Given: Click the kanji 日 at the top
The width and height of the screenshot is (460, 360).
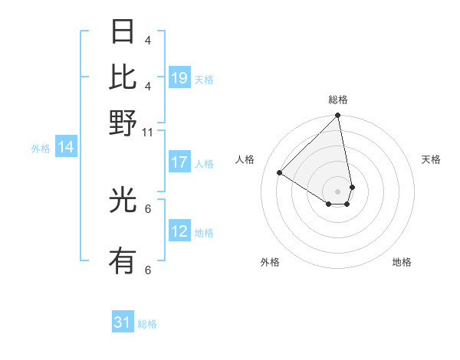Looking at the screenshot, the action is (123, 33).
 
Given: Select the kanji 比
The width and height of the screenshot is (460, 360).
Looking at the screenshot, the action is (123, 77).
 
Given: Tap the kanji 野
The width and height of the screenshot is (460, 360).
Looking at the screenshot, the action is (123, 123).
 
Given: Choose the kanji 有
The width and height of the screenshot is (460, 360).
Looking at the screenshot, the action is (123, 262).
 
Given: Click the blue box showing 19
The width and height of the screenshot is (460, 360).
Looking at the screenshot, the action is (179, 78).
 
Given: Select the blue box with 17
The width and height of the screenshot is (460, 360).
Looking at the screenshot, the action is (179, 162).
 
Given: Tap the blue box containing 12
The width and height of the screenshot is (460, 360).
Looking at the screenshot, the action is (179, 231).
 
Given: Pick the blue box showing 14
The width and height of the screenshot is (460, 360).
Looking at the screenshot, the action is (66, 148).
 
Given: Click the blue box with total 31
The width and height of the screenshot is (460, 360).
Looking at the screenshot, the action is (123, 322).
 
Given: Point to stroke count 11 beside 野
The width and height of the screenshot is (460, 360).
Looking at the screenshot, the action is (148, 133).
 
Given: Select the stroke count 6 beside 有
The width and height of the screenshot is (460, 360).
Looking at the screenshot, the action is (147, 270).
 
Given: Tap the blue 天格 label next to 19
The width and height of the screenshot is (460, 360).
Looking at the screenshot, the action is (204, 79).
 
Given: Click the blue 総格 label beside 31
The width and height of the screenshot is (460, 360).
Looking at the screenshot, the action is (147, 324).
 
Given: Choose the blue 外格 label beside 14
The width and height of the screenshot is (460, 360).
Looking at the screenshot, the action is (41, 149).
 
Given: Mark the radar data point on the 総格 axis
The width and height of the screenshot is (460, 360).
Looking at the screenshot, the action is (337, 116).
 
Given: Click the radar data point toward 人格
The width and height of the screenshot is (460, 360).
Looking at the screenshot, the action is (280, 173).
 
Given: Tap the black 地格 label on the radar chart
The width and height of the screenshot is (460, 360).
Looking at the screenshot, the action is (402, 262).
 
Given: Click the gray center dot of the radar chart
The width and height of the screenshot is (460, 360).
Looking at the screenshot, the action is (337, 191).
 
